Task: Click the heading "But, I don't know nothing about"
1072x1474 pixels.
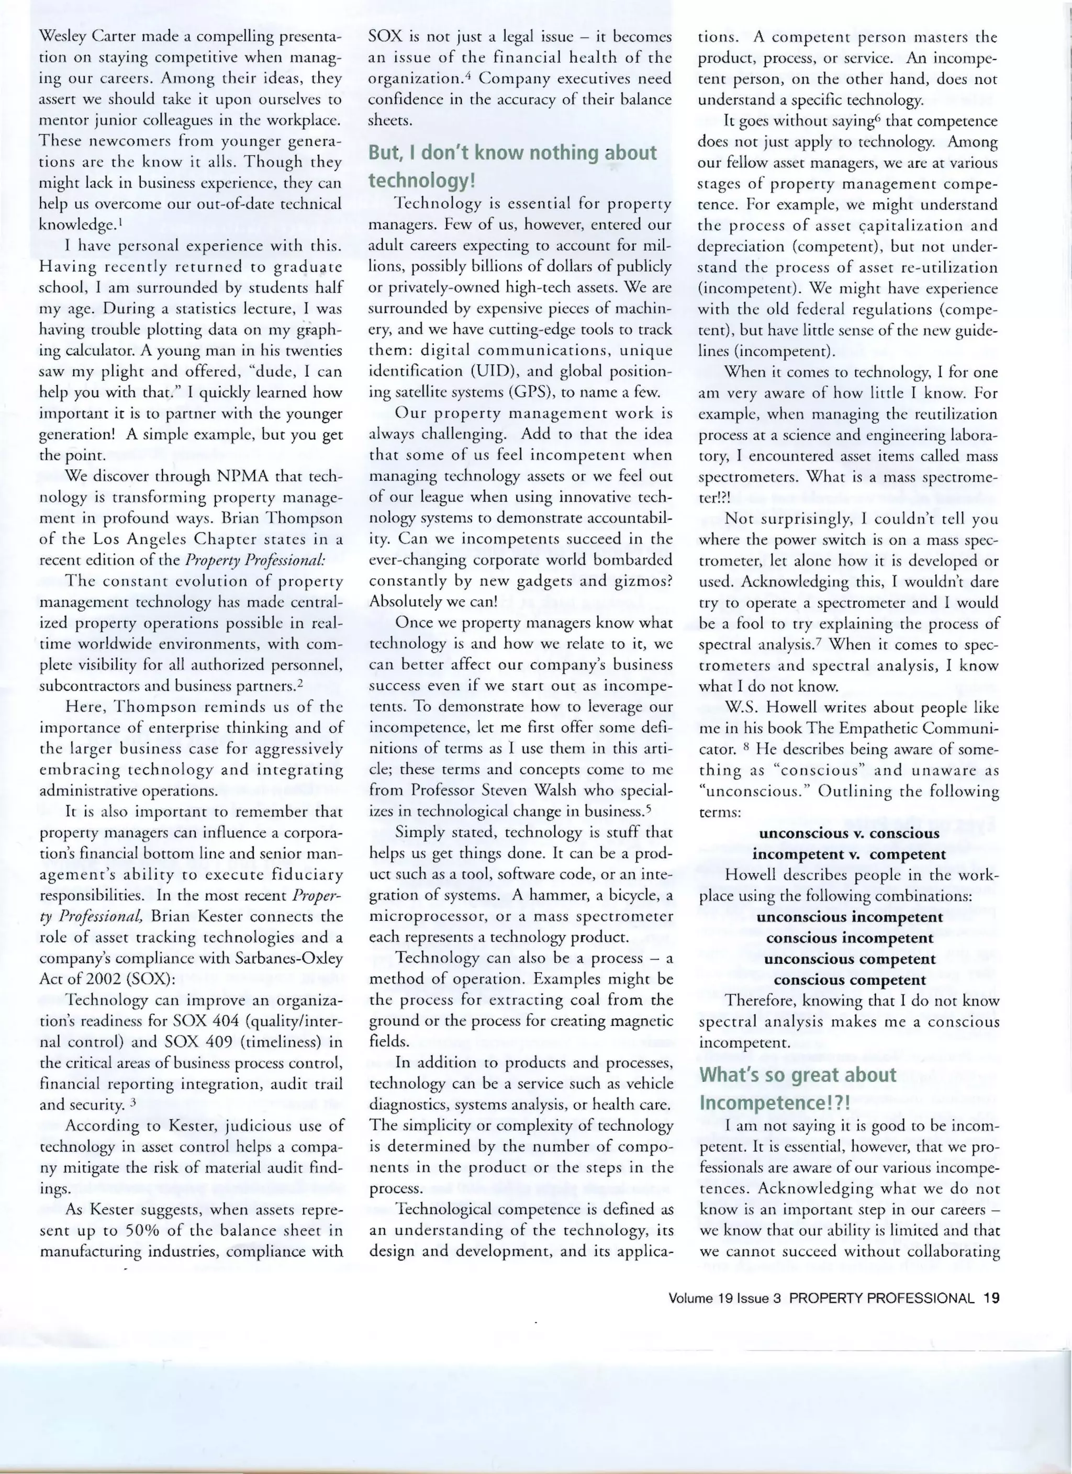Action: [513, 153]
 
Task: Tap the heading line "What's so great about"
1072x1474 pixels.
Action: [797, 1075]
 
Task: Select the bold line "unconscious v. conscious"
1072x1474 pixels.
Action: [849, 833]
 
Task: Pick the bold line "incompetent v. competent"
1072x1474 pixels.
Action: [849, 854]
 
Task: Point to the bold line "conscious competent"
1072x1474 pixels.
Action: [849, 980]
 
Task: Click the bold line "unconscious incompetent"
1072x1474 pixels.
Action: [849, 917]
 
